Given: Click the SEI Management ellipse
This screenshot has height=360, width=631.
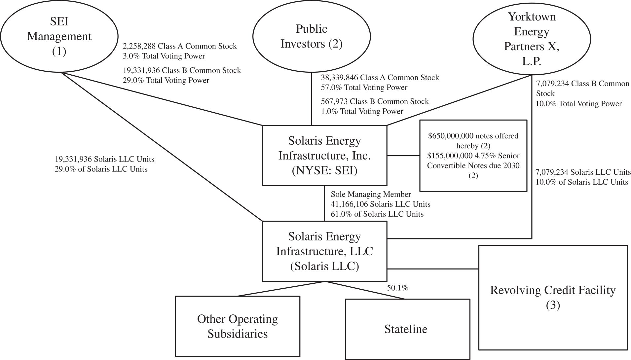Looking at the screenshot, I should (59, 36).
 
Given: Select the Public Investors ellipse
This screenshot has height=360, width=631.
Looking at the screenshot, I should (311, 36).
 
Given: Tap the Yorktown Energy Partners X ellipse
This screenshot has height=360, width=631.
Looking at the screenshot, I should (532, 39).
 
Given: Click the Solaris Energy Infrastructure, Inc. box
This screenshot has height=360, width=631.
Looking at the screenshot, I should (324, 155).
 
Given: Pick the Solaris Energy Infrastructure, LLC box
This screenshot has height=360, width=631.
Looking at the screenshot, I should (324, 251).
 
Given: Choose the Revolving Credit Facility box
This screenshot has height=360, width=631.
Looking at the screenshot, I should (553, 297).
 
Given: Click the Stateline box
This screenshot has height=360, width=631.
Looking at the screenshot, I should (407, 329).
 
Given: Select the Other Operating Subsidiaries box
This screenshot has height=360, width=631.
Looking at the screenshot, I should (237, 326).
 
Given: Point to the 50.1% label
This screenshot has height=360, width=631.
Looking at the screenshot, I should (397, 288).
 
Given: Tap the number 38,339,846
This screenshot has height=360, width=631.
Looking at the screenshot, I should (339, 78).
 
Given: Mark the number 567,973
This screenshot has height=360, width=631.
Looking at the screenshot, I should (334, 101).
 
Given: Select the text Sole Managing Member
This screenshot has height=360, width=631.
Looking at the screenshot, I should (371, 194).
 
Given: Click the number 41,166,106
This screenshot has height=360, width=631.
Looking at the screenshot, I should (349, 204).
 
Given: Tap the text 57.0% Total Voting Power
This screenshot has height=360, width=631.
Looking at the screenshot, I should (364, 88).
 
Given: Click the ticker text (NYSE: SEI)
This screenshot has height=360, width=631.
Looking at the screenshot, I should (324, 171).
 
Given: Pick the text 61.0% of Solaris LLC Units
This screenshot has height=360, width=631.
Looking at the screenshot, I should (377, 214).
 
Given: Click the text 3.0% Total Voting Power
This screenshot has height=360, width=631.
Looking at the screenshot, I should (164, 56).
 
